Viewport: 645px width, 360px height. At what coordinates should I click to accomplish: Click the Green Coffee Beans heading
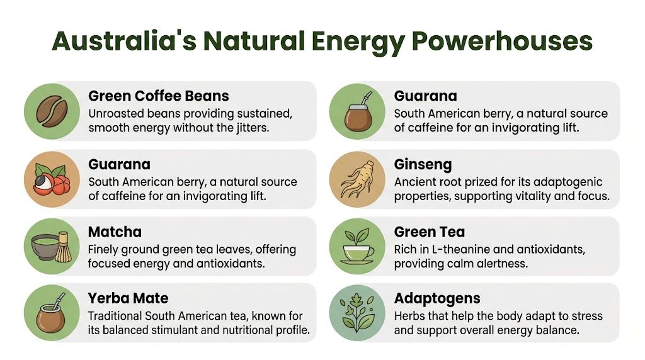tap(159, 96)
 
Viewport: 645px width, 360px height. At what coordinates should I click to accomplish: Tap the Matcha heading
tap(115, 232)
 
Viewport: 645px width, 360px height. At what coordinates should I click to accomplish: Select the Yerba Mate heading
tap(128, 298)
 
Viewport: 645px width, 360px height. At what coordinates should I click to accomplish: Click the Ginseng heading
tap(423, 165)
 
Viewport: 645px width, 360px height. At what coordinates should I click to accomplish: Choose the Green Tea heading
tap(430, 232)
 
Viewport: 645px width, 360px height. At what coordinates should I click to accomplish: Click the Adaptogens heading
tap(437, 298)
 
